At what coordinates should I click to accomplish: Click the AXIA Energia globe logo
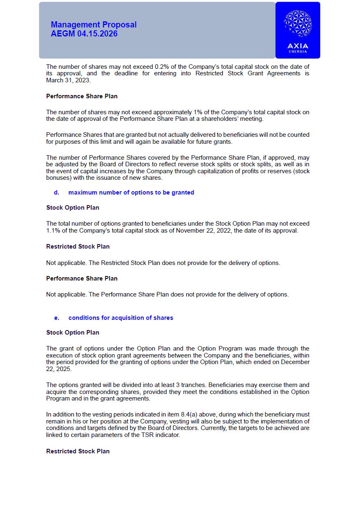[298, 24]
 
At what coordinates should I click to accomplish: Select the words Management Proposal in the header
[94, 25]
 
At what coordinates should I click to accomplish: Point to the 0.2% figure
[160, 67]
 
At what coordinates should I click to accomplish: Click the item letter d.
[57, 192]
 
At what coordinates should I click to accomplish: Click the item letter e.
[57, 318]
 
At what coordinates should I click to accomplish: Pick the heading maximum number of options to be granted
[131, 192]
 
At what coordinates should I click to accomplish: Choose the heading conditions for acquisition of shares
[121, 318]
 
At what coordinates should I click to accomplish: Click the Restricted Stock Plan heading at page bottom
[78, 451]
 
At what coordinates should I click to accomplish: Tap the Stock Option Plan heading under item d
[72, 208]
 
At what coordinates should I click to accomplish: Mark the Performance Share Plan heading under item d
[82, 278]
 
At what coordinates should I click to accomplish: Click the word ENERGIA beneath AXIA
[298, 52]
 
